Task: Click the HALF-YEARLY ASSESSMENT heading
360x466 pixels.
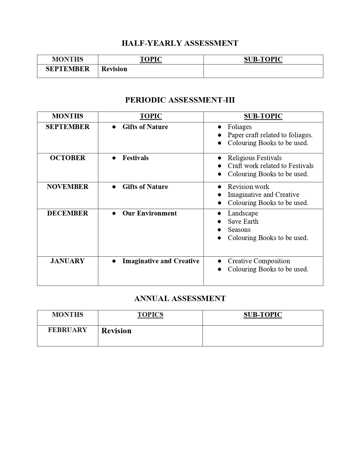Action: click(180, 43)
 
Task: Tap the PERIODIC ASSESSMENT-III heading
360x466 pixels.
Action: click(180, 100)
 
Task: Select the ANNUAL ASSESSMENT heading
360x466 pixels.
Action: click(180, 299)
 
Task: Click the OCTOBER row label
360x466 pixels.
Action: click(67, 158)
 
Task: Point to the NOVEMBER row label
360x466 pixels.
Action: click(67, 187)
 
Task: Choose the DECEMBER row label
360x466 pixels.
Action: click(67, 213)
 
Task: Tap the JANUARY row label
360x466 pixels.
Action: click(67, 261)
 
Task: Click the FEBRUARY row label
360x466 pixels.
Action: click(67, 330)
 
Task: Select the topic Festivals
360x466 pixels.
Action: click(136, 158)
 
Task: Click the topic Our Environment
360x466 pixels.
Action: click(149, 213)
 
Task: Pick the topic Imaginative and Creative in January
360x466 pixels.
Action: click(161, 261)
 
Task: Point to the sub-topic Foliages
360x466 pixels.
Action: click(240, 127)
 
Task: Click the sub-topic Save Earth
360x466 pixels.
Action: click(243, 221)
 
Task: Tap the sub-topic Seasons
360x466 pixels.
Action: click(239, 230)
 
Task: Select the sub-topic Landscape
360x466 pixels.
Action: click(243, 213)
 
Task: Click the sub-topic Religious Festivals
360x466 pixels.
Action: click(255, 158)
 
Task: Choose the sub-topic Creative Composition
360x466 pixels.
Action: click(259, 261)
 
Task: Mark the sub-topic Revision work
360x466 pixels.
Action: click(248, 187)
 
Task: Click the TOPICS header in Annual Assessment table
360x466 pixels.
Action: click(150, 315)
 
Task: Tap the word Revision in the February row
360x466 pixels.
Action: click(116, 331)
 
